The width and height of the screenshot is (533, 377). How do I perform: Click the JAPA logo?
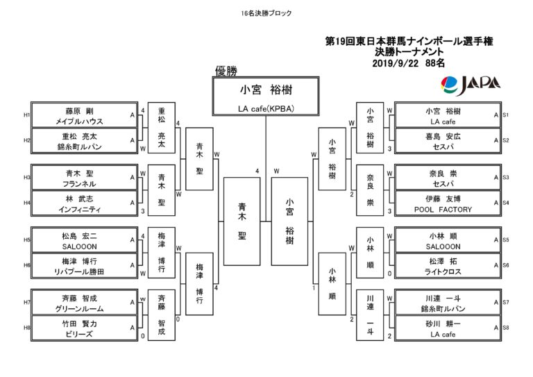click(471, 85)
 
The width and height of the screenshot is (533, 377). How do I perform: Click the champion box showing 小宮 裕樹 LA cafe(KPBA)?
click(266, 97)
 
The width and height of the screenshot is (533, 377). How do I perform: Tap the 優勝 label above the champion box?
click(226, 71)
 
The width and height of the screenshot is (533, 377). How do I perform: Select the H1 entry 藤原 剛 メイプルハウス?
click(84, 115)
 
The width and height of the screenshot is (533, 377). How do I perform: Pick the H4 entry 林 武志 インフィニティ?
click(84, 203)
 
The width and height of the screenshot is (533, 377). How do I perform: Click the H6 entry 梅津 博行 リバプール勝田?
click(84, 266)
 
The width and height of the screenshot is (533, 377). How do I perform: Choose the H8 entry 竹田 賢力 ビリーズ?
click(84, 328)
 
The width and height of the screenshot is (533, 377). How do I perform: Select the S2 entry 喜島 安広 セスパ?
click(448, 141)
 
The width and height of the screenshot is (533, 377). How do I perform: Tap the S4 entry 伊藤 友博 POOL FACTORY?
click(448, 203)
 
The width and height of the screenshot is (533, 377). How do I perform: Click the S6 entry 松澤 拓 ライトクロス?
click(448, 266)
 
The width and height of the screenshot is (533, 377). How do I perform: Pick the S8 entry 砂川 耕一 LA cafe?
click(448, 328)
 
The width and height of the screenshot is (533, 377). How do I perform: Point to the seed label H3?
click(27, 178)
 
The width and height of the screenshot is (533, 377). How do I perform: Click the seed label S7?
click(506, 302)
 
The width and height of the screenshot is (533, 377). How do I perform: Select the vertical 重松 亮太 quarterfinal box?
click(162, 128)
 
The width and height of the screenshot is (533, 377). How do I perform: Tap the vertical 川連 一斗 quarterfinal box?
click(370, 315)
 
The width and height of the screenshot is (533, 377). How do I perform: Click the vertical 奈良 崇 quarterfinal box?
click(370, 190)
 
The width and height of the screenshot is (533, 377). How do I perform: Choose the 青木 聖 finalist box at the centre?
click(242, 221)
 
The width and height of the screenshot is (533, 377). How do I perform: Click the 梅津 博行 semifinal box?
click(200, 284)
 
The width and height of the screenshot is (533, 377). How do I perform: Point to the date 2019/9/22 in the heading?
click(395, 63)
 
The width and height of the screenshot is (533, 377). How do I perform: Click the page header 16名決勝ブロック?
click(266, 13)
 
